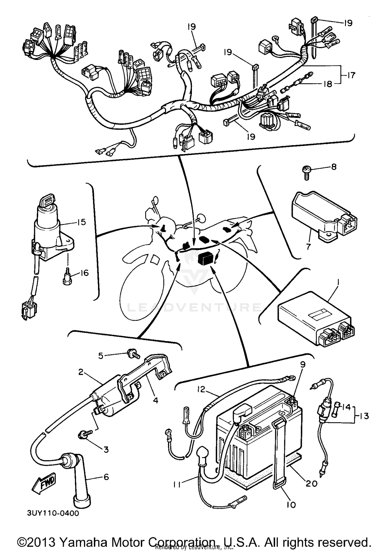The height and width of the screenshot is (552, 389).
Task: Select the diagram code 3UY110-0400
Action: [53, 513]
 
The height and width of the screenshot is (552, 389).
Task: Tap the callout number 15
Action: [81, 222]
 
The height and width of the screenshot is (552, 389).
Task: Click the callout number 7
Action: [308, 246]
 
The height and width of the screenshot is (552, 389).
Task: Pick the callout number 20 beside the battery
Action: [311, 483]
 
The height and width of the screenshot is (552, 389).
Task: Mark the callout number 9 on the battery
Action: [303, 364]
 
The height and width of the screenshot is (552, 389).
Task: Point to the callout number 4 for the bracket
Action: [155, 400]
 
